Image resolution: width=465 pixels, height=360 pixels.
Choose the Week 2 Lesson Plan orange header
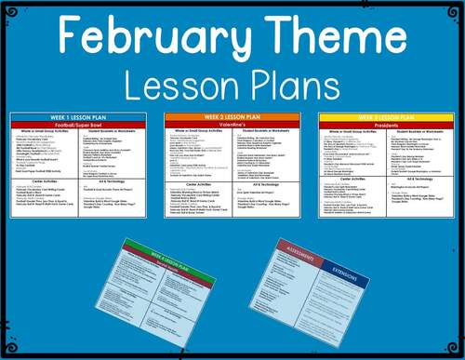[232, 116]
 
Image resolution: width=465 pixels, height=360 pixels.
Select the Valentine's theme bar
[232, 124]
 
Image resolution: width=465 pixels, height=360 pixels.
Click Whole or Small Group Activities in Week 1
[46, 131]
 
